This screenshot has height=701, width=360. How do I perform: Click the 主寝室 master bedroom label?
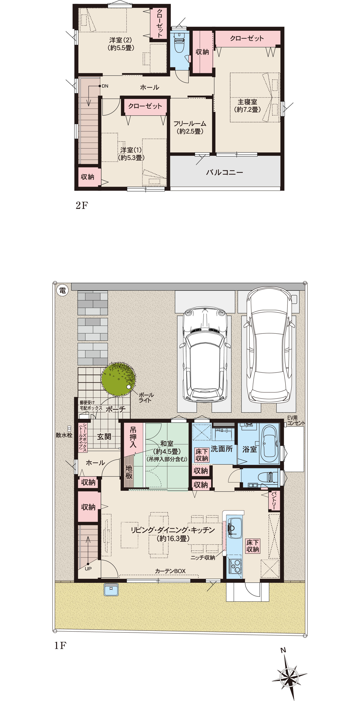[x=247, y=102]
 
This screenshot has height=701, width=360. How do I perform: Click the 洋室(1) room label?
[x=131, y=150]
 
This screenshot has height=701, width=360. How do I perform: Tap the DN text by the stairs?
[x=105, y=86]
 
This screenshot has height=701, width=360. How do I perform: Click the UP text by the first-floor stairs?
[x=88, y=568]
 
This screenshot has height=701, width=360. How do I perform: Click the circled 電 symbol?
[x=62, y=290]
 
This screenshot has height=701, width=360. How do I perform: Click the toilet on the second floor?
[x=179, y=43]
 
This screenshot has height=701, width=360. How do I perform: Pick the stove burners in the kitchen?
[x=235, y=566]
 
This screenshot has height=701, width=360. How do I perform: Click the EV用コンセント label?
[x=296, y=420]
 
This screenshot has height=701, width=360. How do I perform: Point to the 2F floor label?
[x=82, y=205]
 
